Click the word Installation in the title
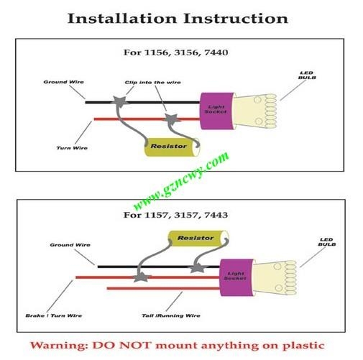click(x=122, y=19)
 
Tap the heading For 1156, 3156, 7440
click(x=175, y=52)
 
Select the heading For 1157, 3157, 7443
click(x=175, y=215)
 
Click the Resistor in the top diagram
click(x=172, y=147)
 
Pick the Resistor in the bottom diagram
click(x=198, y=239)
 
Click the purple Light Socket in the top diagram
click(x=217, y=111)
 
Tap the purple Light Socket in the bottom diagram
click(x=236, y=277)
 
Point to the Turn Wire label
click(x=72, y=148)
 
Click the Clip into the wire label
click(x=152, y=83)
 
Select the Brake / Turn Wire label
click(x=54, y=315)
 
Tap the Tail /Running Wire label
click(x=171, y=315)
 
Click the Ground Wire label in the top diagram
click(x=63, y=82)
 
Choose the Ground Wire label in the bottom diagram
click(x=70, y=245)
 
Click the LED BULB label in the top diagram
click(x=307, y=75)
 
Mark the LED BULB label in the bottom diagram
click(x=327, y=242)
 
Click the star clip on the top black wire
click(x=119, y=101)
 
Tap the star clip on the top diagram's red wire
click(x=172, y=119)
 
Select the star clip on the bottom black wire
click(x=197, y=267)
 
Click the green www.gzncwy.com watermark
click(x=181, y=181)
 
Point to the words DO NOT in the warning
click(x=122, y=346)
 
